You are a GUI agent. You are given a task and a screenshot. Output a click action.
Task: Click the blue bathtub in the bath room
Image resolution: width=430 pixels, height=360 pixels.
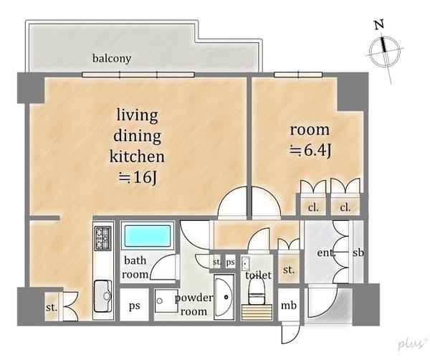[148, 236]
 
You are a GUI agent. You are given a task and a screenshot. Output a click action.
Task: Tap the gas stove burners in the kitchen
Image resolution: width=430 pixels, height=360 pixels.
[103, 238]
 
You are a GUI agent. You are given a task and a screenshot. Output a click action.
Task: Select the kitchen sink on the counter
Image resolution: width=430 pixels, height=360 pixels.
[102, 296]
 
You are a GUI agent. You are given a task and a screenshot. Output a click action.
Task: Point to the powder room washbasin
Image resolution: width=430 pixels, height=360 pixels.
[224, 297]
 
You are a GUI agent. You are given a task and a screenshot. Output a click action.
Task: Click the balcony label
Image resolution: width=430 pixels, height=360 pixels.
[112, 58]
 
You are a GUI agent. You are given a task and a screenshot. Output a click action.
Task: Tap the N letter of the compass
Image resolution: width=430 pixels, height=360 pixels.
[379, 25]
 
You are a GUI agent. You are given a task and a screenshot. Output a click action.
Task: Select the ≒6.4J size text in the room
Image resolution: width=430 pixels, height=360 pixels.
[311, 151]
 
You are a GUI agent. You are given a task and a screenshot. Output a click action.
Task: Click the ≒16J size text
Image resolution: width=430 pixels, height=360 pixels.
[138, 178]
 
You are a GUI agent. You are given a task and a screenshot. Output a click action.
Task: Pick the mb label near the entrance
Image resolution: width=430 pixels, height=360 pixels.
[289, 305]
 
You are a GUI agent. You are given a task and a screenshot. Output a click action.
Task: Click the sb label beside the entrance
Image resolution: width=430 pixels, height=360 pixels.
[358, 252]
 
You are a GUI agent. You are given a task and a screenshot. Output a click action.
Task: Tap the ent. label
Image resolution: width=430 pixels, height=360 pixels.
[326, 252]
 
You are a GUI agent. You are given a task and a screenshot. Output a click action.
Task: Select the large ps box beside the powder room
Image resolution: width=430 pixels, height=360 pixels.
[135, 305]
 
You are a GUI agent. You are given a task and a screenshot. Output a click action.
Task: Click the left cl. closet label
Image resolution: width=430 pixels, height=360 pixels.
[313, 207]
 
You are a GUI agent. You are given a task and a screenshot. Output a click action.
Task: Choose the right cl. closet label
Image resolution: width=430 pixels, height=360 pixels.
[345, 207]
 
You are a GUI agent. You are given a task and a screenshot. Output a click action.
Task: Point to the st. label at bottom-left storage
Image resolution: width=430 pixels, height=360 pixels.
[52, 308]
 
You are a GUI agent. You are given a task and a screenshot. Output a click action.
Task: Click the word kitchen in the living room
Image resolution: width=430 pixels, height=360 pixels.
[137, 156]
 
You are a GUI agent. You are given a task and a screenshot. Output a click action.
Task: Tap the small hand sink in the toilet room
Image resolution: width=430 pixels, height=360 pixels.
[245, 263]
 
